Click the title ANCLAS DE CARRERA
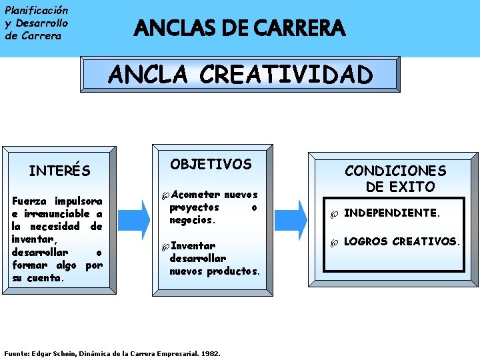click(x=240, y=29)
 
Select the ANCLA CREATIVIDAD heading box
click(x=240, y=74)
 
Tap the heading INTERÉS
click(x=59, y=171)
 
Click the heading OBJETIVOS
click(x=211, y=164)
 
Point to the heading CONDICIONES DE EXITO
click(x=395, y=179)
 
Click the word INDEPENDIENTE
click(x=391, y=213)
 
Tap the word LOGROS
click(x=365, y=241)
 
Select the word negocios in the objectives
click(x=192, y=220)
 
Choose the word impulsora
click(x=79, y=201)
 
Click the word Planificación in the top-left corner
click(x=36, y=11)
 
